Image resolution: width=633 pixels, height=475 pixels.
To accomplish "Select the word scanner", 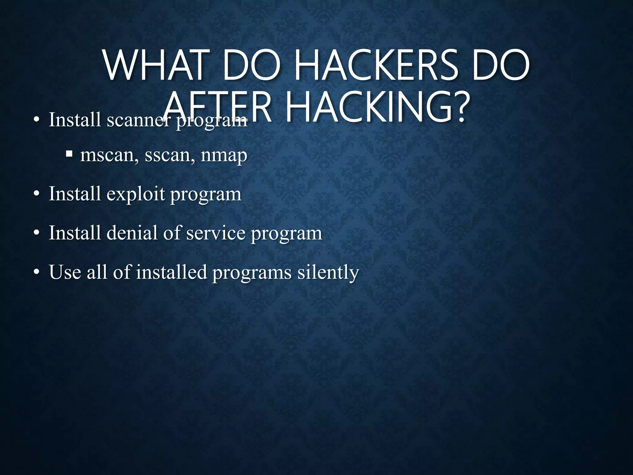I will click(138, 120).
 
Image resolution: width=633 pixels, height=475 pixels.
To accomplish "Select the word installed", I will click(171, 272).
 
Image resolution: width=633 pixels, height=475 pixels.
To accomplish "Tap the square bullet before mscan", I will click(69, 153).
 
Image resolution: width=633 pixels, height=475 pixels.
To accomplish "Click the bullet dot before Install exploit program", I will click(36, 195).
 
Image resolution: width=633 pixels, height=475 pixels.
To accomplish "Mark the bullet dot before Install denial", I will click(36, 233).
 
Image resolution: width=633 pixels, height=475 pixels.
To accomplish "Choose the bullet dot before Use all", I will click(36, 272).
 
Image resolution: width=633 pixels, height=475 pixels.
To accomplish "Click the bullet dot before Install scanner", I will click(36, 120).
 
